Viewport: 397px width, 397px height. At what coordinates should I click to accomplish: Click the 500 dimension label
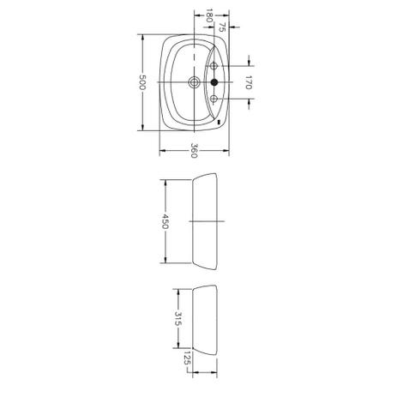(x=142, y=82)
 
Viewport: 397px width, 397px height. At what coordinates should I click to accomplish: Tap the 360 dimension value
(x=195, y=150)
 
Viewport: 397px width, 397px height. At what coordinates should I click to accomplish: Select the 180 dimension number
(x=209, y=16)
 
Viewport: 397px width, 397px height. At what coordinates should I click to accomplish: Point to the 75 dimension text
(x=222, y=27)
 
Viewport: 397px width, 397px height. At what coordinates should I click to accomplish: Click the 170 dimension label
(x=248, y=82)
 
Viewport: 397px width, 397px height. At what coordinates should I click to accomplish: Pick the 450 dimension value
(x=165, y=221)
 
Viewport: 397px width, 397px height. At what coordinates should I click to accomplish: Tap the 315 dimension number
(x=178, y=319)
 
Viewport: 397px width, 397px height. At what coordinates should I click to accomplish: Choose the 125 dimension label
(x=187, y=358)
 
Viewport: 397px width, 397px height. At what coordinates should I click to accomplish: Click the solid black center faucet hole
(x=214, y=82)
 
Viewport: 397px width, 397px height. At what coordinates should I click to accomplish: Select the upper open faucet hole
(x=214, y=66)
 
